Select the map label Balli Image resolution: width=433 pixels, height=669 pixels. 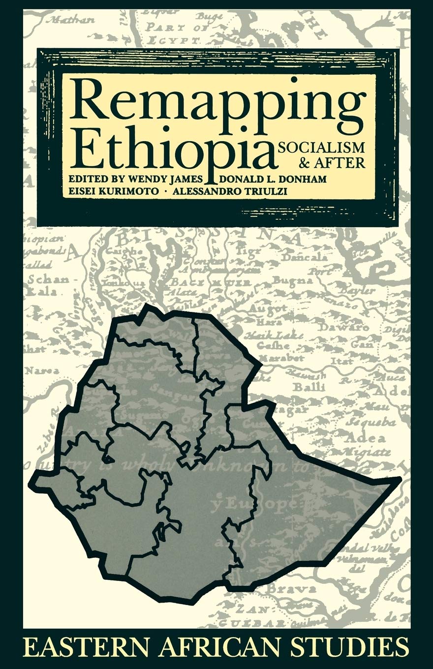pyautogui.click(x=309, y=387)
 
